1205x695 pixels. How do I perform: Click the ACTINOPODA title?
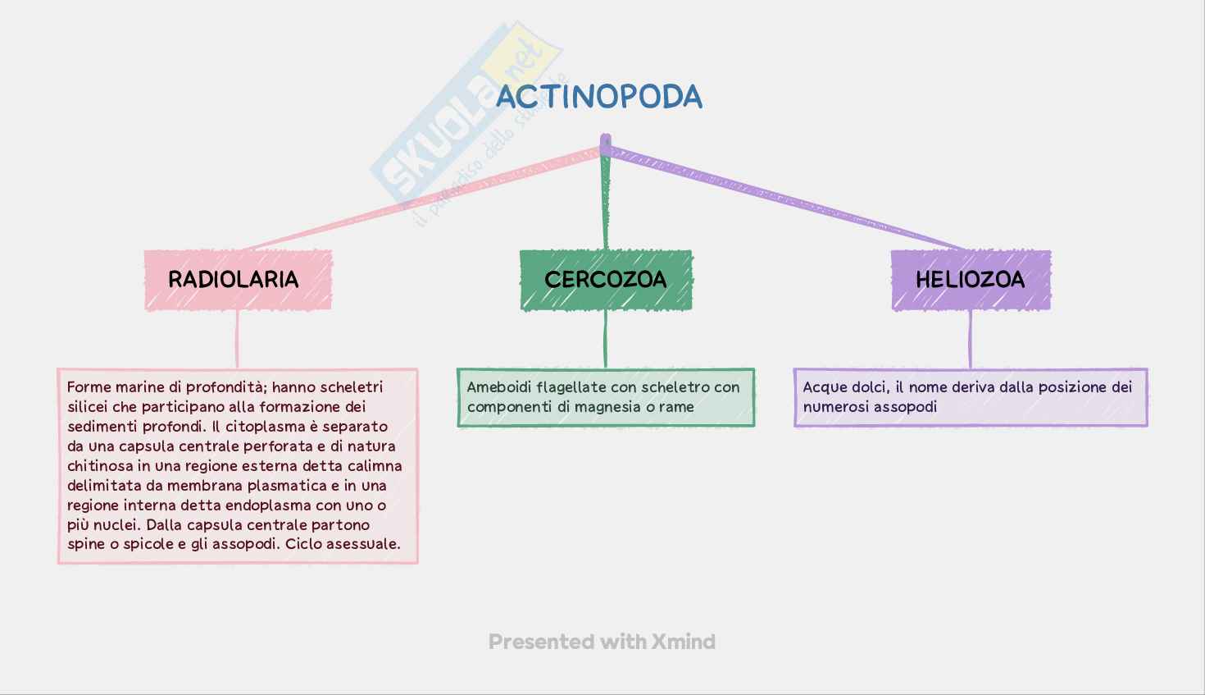point(599,97)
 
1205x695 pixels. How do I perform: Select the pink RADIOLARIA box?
point(238,280)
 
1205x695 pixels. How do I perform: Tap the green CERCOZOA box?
point(606,280)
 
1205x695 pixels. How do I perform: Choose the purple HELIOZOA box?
point(971,280)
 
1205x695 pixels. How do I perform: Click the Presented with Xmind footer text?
point(602,642)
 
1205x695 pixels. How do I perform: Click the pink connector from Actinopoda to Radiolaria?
point(426,199)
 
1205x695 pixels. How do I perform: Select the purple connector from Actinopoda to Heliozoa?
point(787,199)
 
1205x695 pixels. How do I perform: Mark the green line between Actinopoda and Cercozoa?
point(606,201)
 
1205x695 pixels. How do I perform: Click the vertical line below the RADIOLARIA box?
point(238,339)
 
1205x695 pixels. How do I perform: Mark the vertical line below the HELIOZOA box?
point(971,339)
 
